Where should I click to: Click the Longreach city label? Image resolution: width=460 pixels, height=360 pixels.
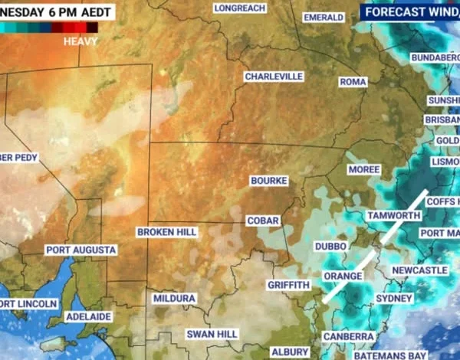(x=240, y=8)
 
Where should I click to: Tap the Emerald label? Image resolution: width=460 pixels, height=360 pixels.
(x=324, y=17)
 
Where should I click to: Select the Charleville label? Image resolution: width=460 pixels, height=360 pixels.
(x=274, y=77)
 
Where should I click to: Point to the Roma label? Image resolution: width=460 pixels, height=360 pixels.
(x=353, y=81)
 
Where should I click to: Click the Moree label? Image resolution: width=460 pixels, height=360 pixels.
(x=363, y=169)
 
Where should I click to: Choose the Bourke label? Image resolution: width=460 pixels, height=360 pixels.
(x=269, y=181)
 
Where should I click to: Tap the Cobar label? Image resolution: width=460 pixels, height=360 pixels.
(x=262, y=221)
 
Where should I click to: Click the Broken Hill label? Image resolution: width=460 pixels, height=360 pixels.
(x=167, y=231)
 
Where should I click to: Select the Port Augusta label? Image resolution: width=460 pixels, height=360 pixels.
(x=80, y=250)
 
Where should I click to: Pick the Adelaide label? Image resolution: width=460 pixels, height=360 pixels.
(x=89, y=316)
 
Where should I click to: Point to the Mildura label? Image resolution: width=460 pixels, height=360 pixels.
(x=174, y=298)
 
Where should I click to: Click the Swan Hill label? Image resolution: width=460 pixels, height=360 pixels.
(x=212, y=335)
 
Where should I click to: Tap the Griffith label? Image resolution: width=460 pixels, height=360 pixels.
(x=288, y=286)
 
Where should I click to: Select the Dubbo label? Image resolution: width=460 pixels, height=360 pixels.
(x=330, y=246)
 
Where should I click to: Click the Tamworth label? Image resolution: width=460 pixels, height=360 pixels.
(x=394, y=216)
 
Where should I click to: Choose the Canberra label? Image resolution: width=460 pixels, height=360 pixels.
(x=348, y=336)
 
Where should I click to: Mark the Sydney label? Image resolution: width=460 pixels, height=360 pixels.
(x=395, y=298)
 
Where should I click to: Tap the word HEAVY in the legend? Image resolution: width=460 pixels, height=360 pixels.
(x=80, y=41)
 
